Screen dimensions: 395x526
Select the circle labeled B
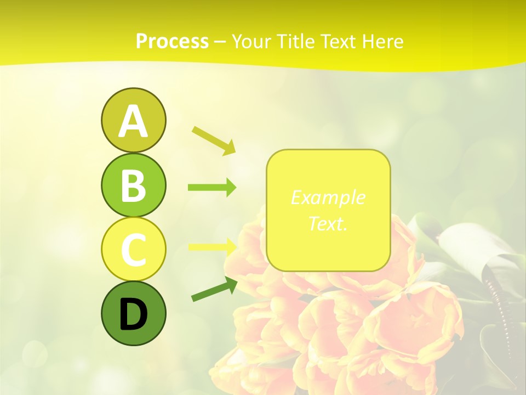133,185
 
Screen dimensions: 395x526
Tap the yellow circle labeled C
133,249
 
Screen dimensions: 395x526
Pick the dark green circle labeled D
133,313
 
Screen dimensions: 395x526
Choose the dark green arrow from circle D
214,289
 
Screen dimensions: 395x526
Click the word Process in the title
172,41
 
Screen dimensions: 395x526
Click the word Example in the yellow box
328,198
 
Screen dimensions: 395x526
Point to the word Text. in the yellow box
328,223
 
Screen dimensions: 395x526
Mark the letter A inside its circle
133,121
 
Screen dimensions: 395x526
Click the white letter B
133,185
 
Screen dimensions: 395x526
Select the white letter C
133,250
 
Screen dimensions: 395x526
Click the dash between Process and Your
220,42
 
